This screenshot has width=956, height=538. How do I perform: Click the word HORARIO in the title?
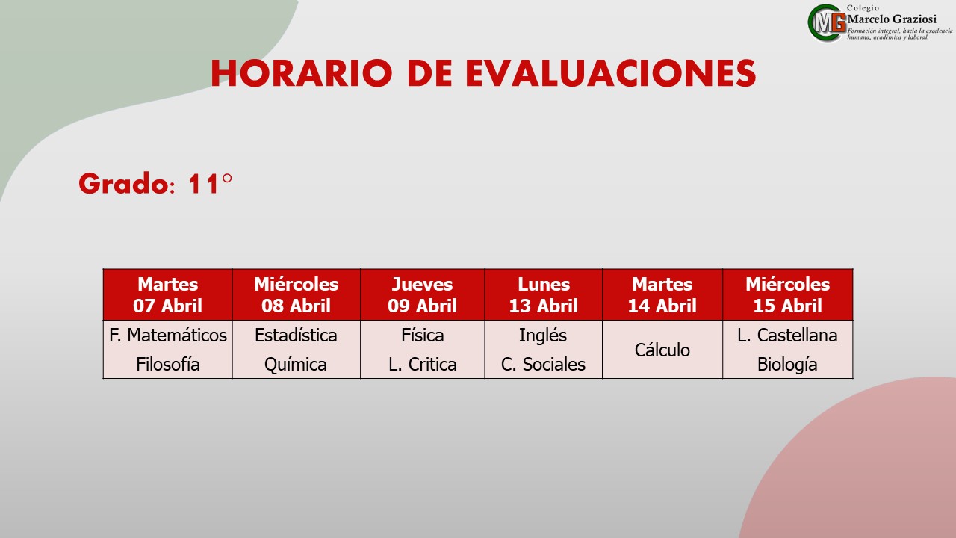click(x=301, y=73)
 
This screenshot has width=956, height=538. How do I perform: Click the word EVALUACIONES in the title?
click(x=611, y=73)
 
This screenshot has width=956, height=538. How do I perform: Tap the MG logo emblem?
click(x=827, y=23)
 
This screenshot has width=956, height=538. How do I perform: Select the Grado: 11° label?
click(x=155, y=184)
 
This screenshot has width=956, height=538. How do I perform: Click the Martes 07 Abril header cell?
click(x=168, y=294)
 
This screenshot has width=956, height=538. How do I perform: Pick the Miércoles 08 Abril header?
click(x=297, y=294)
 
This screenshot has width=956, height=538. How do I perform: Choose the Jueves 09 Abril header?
click(x=423, y=294)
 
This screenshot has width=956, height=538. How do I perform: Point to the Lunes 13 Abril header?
click(x=543, y=294)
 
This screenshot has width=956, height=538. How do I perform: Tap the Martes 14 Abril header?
click(x=662, y=294)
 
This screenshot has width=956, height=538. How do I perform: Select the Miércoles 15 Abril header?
click(x=788, y=294)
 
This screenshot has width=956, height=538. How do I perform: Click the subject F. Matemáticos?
click(x=168, y=336)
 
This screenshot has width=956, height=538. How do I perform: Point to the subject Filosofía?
click(x=168, y=364)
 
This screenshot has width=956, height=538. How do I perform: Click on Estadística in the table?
click(x=296, y=336)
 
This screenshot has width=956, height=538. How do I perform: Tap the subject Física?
click(x=423, y=336)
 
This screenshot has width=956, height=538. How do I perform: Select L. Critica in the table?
click(x=423, y=364)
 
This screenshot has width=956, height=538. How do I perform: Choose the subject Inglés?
click(x=543, y=336)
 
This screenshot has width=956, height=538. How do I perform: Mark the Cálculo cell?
click(x=662, y=350)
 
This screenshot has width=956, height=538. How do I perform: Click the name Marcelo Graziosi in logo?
click(x=892, y=19)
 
